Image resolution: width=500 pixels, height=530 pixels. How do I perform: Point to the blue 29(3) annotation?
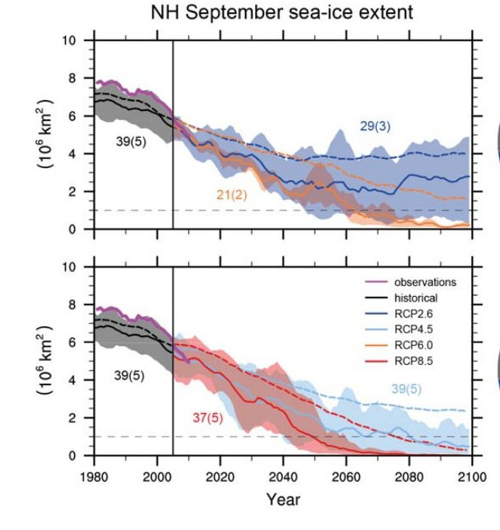pos(374,126)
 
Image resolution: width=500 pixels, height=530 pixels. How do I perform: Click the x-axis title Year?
pos(282,500)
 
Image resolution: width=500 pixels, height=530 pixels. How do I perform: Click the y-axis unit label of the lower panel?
pos(45,361)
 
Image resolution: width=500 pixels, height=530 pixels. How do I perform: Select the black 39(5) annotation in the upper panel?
pos(131,142)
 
